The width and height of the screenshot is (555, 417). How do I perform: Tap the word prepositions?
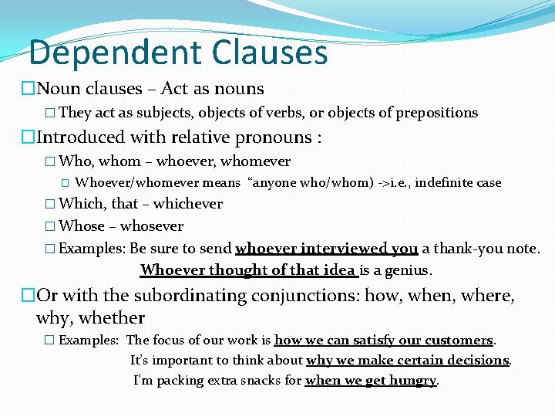coord(436,113)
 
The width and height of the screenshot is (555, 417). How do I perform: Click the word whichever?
coord(189,204)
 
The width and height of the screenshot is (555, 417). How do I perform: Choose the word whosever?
coord(152,226)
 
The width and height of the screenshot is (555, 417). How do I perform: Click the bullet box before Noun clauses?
coord(29,90)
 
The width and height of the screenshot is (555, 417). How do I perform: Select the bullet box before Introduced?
coord(29,138)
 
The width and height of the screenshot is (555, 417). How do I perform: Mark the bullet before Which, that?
coord(50,205)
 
